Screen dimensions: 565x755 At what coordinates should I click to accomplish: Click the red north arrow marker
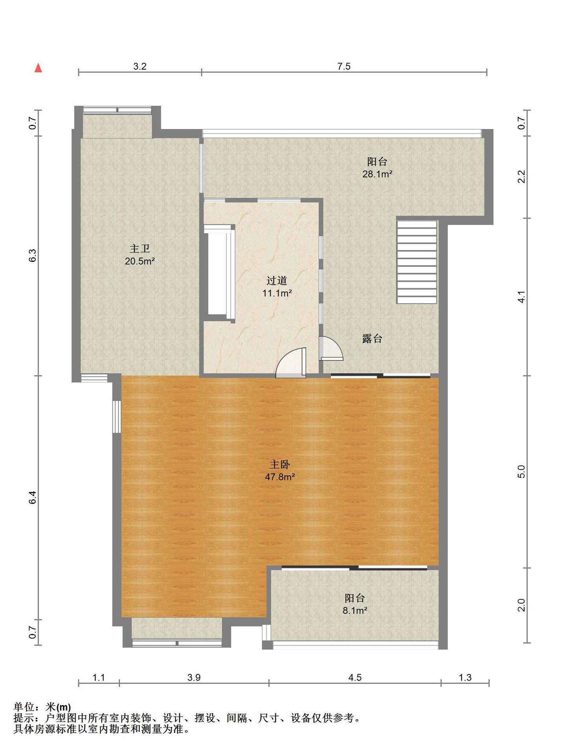38,68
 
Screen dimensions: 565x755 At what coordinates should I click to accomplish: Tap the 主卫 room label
140,249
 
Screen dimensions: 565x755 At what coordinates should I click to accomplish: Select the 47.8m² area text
280,477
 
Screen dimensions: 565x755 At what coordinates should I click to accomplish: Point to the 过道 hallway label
277,280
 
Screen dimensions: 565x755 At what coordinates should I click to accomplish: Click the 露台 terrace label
372,339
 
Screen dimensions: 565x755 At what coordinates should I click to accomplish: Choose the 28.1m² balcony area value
377,174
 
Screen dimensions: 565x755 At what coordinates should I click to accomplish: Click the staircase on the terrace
417,262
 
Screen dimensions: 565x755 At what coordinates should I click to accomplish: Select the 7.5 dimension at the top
344,66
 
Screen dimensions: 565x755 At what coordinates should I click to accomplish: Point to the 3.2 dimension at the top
140,66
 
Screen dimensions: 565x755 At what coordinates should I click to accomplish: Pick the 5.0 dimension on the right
521,471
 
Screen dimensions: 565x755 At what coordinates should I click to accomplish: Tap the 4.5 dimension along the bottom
355,677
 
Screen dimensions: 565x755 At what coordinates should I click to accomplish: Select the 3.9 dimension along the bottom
194,677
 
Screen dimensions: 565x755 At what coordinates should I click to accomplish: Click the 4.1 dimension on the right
521,297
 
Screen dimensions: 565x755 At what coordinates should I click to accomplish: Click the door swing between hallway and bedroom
291,363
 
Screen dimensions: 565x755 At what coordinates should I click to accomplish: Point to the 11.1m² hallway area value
277,293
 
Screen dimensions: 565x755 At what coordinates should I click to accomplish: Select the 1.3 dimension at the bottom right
465,677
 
